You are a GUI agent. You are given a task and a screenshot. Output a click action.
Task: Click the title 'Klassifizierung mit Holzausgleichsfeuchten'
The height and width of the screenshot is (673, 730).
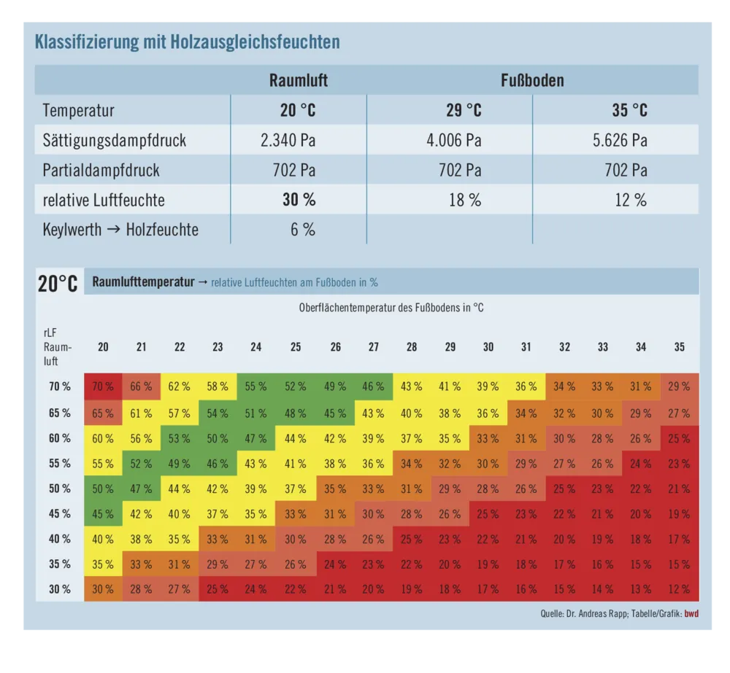pos(188,42)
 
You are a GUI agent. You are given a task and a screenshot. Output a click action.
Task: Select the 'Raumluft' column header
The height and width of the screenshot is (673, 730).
pos(299,80)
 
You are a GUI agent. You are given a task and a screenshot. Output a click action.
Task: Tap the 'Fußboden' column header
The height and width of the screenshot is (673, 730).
pos(532,80)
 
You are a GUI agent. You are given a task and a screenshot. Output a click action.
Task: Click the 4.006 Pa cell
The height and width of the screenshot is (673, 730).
pos(453,140)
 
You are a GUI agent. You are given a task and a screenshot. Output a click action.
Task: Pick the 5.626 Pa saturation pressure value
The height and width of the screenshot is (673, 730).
pos(620,140)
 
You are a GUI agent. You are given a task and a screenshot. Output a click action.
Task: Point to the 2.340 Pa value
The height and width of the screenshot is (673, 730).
pos(288,140)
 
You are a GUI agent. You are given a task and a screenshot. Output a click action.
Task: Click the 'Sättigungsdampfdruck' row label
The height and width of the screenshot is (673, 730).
pos(115,140)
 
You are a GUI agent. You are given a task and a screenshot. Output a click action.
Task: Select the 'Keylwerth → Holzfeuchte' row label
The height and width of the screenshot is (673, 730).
pos(120,230)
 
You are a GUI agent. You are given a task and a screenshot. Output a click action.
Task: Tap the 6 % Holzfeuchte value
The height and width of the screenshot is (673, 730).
pos(302,230)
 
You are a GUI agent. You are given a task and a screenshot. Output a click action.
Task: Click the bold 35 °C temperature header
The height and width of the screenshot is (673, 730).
pos(629,111)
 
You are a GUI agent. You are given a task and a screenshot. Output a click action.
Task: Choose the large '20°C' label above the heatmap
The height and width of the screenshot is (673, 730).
pos(58,284)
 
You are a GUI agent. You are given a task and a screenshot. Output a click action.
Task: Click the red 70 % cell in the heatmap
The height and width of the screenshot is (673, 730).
pos(103,386)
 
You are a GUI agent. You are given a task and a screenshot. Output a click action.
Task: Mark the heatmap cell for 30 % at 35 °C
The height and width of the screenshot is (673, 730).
pos(679,589)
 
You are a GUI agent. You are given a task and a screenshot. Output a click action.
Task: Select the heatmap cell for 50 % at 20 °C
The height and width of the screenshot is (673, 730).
pos(103,489)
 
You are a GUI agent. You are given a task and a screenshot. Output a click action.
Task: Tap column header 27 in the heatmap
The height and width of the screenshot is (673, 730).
pos(373,347)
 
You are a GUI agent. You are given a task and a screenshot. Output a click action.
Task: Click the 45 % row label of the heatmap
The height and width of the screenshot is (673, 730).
pos(60,513)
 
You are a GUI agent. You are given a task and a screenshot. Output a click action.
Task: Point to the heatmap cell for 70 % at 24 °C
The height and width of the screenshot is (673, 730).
pos(255,386)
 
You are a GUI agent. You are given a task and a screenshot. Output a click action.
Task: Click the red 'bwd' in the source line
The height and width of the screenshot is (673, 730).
pos(691,613)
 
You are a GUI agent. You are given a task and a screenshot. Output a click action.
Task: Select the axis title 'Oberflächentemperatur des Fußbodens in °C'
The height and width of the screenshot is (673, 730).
pos(391,308)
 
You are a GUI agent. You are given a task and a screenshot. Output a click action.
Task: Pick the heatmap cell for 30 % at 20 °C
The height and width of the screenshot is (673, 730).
pos(103,589)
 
